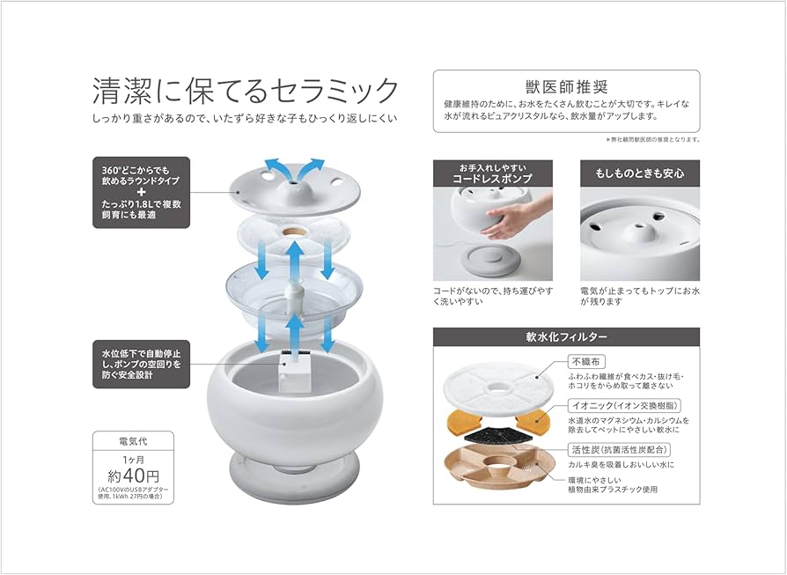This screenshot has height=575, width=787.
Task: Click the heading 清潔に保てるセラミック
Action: pos(246,90)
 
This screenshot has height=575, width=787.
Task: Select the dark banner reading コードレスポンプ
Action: pos(492,173)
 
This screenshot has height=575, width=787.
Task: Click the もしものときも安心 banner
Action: pos(639,173)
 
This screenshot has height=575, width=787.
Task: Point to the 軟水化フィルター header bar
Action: pos(566,337)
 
